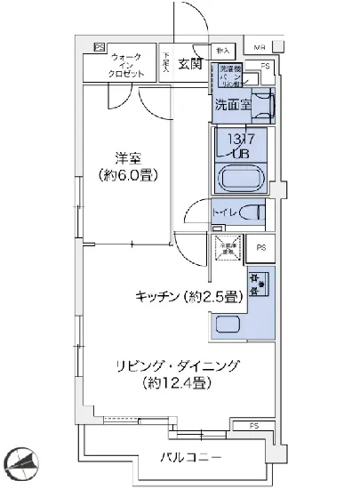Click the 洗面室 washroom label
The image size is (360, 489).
[233, 105]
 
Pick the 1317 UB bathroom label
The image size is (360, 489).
[242, 146]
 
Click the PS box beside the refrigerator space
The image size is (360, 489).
[260, 248]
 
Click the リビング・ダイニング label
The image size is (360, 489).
[167, 365]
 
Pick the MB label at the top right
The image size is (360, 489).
[259, 47]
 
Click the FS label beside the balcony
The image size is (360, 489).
[253, 425]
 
